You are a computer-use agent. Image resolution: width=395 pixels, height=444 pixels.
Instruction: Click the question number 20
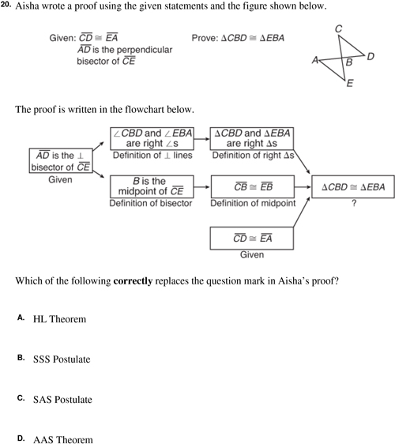click(x=6, y=5)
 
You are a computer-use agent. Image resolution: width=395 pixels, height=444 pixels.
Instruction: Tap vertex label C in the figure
click(x=338, y=28)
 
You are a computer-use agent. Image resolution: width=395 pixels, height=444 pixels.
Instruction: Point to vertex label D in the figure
click(x=371, y=57)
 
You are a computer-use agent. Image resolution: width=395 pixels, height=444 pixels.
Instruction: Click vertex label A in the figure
click(x=315, y=60)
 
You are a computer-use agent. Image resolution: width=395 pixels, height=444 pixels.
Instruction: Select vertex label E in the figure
click(x=350, y=83)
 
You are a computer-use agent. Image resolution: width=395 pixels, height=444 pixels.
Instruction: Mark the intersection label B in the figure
click(x=349, y=62)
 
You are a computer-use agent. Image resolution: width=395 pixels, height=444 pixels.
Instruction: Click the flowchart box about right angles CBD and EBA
click(x=152, y=138)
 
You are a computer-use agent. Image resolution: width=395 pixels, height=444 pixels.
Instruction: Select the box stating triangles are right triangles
click(x=252, y=138)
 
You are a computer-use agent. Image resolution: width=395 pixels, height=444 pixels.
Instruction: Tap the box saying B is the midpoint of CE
click(x=152, y=186)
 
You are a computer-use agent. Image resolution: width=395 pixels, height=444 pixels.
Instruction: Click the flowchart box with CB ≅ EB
click(x=253, y=186)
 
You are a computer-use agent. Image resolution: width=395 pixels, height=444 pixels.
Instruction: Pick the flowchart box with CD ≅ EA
click(x=252, y=238)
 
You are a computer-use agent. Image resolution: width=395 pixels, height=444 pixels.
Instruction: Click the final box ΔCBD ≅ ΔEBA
click(x=353, y=186)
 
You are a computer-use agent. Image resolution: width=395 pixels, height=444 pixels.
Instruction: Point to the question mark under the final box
click(x=354, y=203)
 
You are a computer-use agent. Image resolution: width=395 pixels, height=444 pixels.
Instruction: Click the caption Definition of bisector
click(x=151, y=203)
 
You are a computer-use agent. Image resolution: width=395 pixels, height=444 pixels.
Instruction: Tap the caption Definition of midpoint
click(x=253, y=203)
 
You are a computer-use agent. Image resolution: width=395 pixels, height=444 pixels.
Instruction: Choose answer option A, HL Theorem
click(x=59, y=319)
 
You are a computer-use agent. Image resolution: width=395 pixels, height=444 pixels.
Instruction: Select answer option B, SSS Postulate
click(x=62, y=359)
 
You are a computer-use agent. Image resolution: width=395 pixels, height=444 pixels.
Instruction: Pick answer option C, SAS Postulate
click(x=62, y=400)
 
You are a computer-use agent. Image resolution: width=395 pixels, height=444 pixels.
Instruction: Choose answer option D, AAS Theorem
click(x=63, y=439)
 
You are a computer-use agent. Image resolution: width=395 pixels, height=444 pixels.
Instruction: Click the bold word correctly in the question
click(x=133, y=281)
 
